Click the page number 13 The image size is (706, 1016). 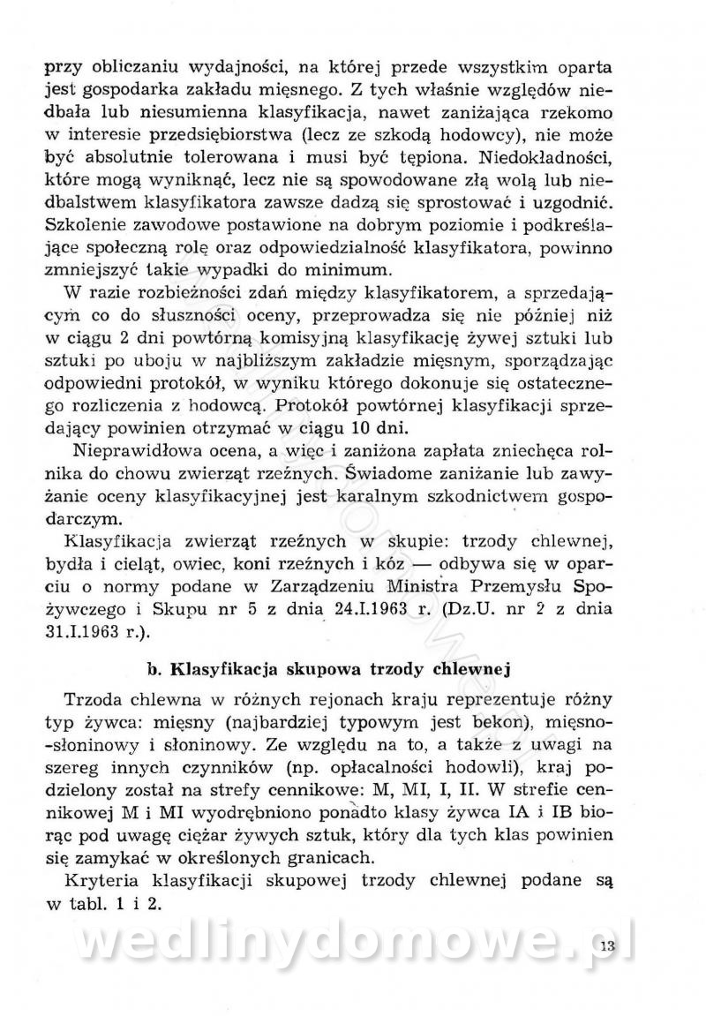coord(605,948)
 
